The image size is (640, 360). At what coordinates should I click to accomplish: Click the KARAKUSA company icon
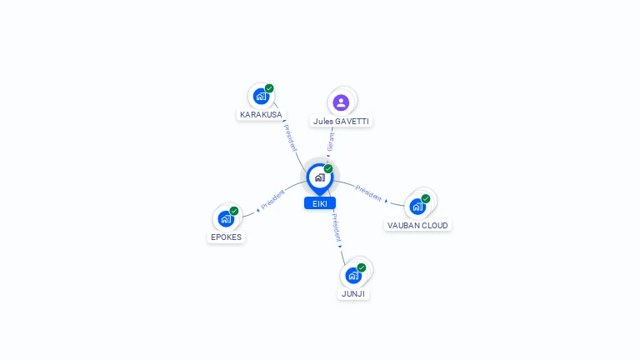click(x=261, y=97)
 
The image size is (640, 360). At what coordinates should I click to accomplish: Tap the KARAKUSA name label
click(x=261, y=115)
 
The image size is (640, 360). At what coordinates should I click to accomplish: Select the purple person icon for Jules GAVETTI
click(x=341, y=102)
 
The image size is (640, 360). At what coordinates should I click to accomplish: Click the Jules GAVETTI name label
click(x=341, y=121)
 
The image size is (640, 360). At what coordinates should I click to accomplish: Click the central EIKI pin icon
click(x=320, y=179)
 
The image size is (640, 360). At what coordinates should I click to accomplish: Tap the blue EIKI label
click(x=320, y=203)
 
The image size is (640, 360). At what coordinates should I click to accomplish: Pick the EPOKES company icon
click(x=226, y=219)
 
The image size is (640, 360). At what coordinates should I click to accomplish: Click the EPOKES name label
click(x=226, y=237)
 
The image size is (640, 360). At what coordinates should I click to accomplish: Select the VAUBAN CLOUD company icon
click(x=417, y=207)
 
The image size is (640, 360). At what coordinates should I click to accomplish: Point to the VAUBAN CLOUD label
click(x=417, y=225)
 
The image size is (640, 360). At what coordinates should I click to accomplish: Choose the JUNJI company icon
click(x=353, y=276)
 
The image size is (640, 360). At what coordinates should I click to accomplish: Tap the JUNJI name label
click(x=353, y=294)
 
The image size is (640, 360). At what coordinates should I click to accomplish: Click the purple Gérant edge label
click(x=331, y=142)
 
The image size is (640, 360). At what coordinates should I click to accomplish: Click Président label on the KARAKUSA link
click(x=290, y=138)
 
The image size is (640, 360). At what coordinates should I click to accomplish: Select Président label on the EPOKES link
click(x=272, y=200)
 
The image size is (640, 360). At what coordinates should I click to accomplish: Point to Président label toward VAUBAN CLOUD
click(x=368, y=193)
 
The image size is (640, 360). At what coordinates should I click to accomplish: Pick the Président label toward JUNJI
click(x=336, y=227)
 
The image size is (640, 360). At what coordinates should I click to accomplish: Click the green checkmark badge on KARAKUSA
click(x=269, y=88)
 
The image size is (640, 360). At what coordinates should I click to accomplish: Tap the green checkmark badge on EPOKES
click(x=234, y=211)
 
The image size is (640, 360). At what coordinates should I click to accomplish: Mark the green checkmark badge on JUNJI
click(x=361, y=267)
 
